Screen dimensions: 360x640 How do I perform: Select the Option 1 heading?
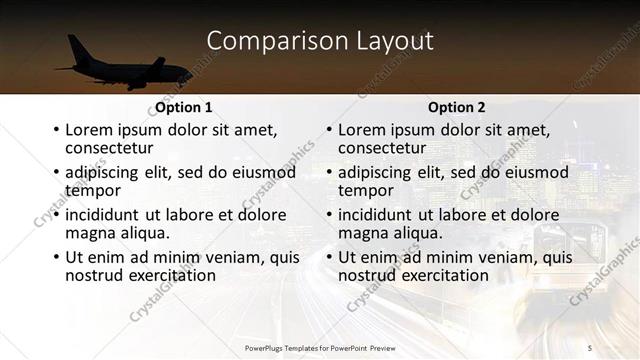pos(184,107)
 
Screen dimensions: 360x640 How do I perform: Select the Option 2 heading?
pos(457,107)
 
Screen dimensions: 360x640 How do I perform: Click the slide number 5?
pos(590,347)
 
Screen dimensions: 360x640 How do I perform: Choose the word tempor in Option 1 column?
pos(93,190)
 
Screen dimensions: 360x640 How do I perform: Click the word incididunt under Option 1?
pos(105,215)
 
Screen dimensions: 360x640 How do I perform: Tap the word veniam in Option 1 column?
pos(234,257)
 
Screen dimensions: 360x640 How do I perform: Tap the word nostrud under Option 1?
pos(97,274)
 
